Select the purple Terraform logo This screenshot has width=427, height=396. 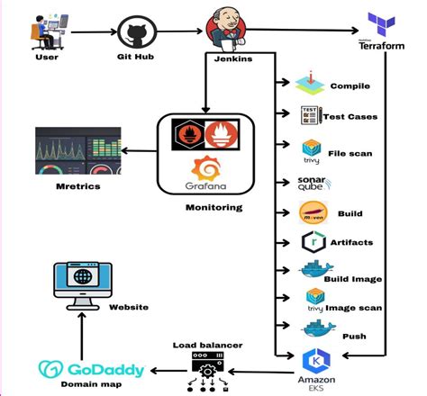coord(376,29)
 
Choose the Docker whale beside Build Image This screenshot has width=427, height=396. coord(314,272)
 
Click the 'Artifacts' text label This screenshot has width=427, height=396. coord(350,242)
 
